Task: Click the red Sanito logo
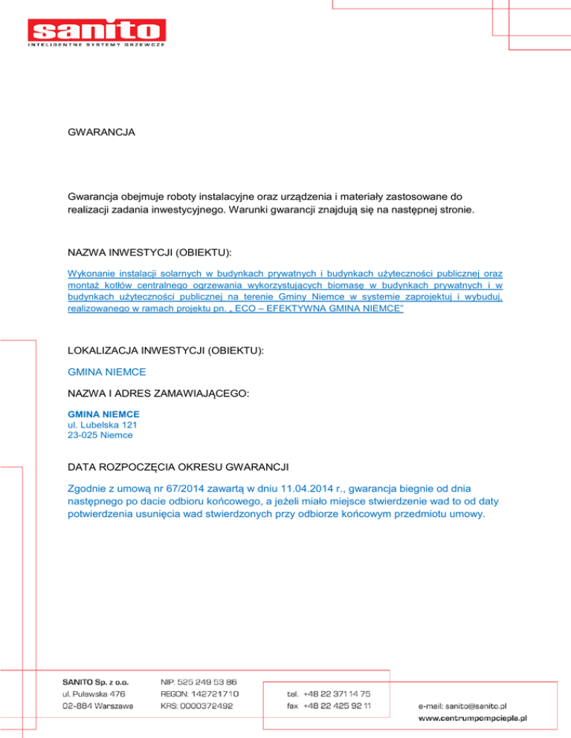(x=96, y=30)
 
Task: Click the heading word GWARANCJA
(x=101, y=134)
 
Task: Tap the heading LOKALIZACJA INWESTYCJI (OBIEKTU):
(x=165, y=347)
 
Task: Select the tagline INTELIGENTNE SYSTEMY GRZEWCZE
(x=96, y=46)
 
